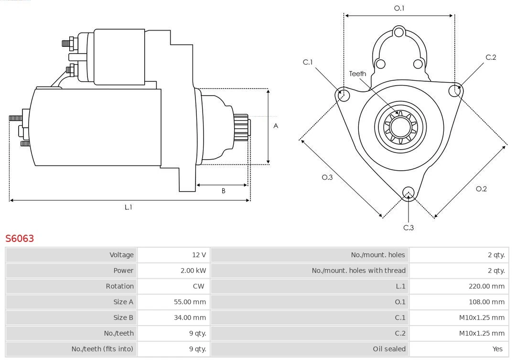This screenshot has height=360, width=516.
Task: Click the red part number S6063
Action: [20, 238]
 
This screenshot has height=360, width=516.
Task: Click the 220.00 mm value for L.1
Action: [486, 286]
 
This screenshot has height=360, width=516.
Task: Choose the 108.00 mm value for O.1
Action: [486, 302]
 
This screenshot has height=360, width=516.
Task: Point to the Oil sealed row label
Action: [389, 349]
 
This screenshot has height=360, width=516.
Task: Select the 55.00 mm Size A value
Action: [190, 302]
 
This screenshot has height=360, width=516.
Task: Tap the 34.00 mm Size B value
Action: [190, 317]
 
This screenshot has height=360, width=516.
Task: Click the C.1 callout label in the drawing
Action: [308, 62]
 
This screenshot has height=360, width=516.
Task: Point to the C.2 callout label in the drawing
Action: [491, 57]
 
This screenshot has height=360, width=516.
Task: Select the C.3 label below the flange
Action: [408, 228]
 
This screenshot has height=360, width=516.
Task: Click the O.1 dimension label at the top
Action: [399, 8]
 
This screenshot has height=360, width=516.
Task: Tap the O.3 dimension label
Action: [327, 177]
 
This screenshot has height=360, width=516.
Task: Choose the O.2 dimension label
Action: [481, 189]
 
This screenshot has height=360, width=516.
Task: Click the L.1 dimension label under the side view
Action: [128, 207]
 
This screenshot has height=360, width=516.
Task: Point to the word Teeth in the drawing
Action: [357, 74]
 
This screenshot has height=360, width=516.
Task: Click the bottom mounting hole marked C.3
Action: [408, 193]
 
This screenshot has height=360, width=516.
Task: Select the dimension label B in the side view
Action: [223, 191]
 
